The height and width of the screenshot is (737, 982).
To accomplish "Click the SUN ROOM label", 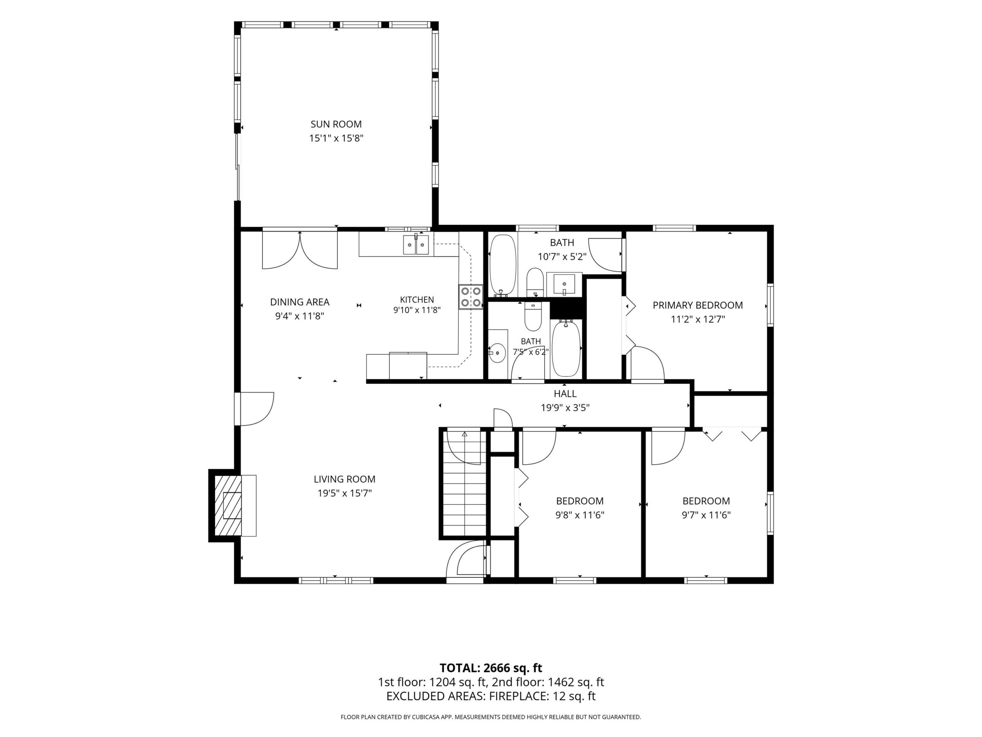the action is point(336,124).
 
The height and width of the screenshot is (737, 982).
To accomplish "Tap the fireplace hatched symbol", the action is point(228,506).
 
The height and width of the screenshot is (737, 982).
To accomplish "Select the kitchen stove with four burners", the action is point(471,297).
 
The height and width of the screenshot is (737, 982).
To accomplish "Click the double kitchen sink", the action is point(416,245).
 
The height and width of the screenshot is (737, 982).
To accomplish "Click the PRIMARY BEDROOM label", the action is point(697,305).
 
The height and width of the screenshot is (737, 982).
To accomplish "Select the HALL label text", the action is point(565,393).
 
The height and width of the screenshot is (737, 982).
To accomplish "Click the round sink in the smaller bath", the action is point(498,353).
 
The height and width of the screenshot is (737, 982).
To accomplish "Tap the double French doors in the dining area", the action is point(300,251).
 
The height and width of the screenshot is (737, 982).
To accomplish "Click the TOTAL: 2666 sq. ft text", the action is point(491,680).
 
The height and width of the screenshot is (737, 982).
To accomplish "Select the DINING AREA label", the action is point(300,302).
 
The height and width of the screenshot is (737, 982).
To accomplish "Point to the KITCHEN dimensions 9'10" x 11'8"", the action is point(417,310).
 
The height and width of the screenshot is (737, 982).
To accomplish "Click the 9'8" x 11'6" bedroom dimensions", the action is point(580,515).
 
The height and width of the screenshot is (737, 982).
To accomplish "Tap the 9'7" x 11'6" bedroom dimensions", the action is point(706,515).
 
